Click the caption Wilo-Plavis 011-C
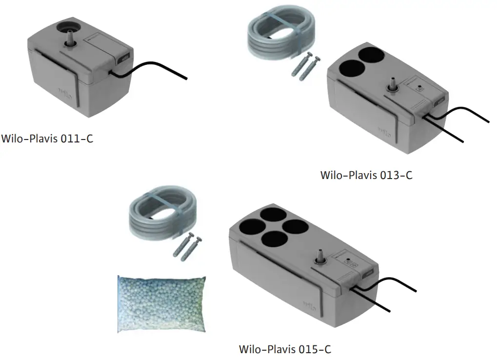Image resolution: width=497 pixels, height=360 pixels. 47,139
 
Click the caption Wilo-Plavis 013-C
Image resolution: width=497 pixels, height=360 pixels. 366,175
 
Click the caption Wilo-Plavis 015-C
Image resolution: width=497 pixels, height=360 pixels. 285,349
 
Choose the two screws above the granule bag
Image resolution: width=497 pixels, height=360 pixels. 188,247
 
